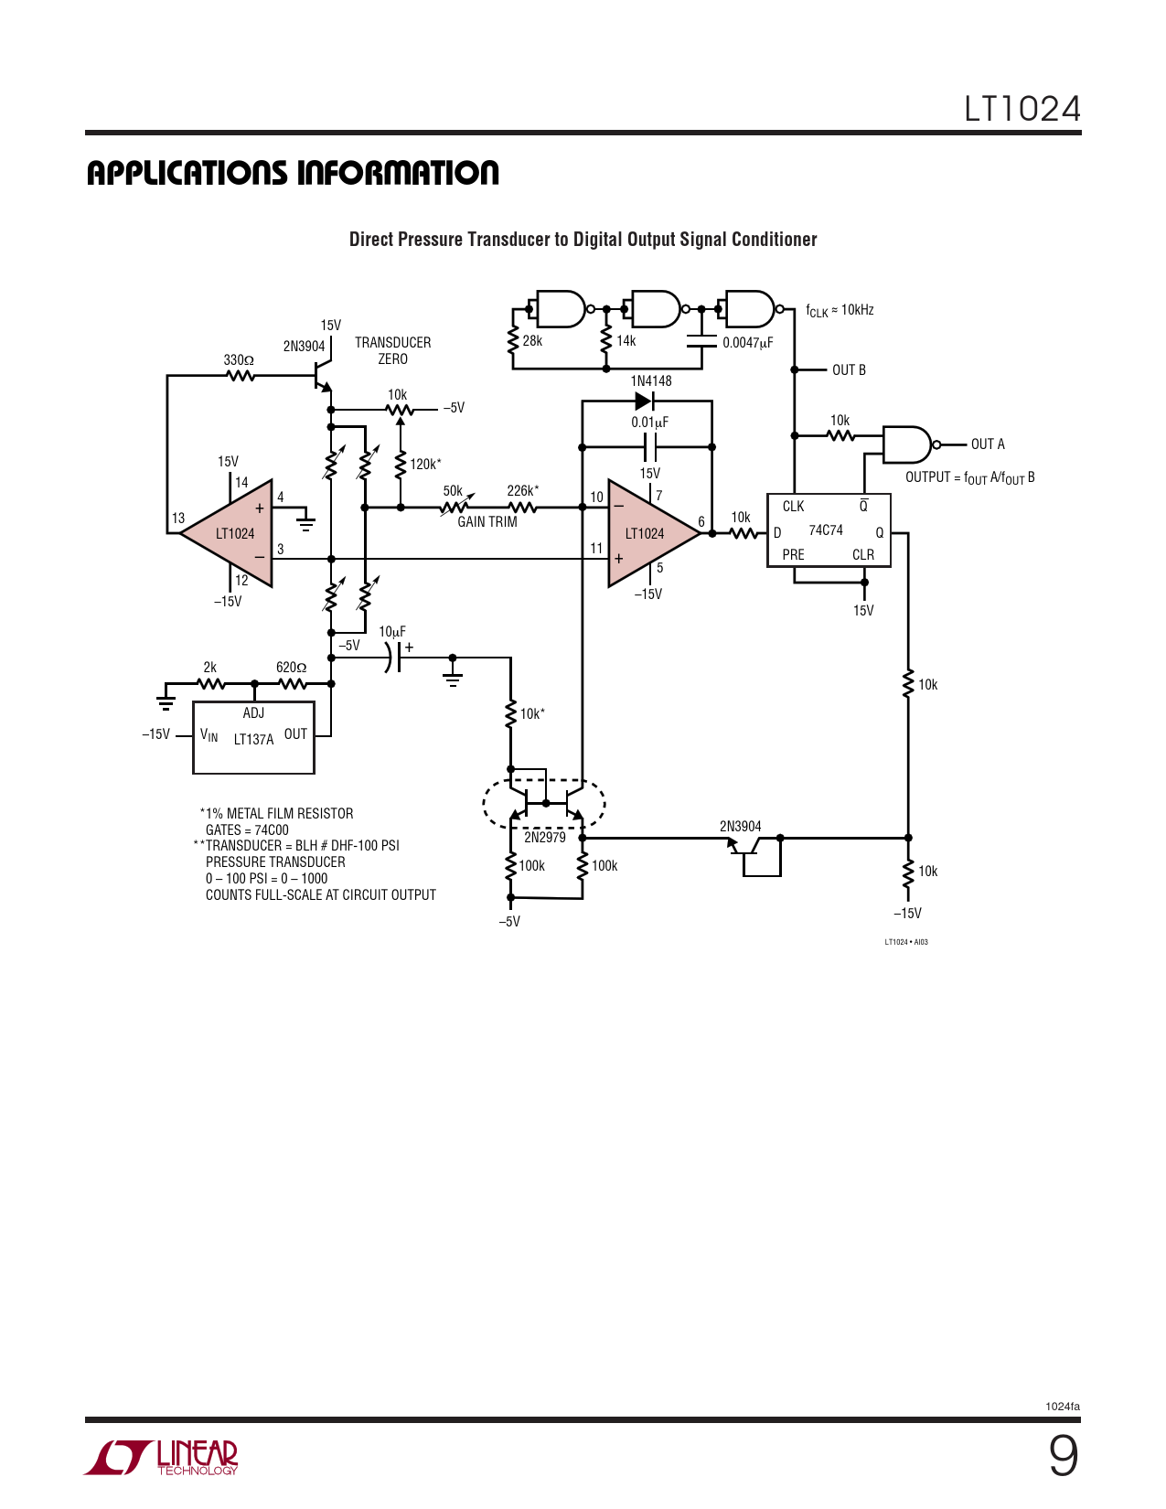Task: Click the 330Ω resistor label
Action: pos(238,359)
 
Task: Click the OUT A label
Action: pos(988,444)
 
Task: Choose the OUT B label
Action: pos(849,370)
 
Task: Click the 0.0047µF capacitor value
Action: pos(747,343)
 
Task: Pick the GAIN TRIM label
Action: pos(487,521)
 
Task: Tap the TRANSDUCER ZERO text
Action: pos(393,350)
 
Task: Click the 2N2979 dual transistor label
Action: pos(544,838)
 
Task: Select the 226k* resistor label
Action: pos(522,490)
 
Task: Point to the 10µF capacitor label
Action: pos(392,632)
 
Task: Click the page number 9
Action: pos(1064,1457)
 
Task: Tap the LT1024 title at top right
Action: pos(1022,109)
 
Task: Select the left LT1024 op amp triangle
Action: pos(227,533)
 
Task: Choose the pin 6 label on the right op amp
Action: pos(701,521)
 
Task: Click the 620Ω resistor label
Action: pos(291,668)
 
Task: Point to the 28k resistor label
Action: pos(532,341)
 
